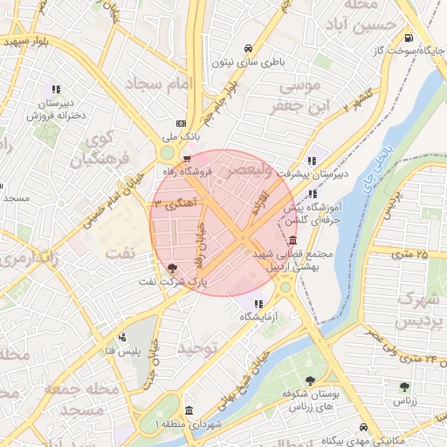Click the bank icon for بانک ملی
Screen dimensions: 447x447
[181, 124]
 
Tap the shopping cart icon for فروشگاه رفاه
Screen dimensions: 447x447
[186, 159]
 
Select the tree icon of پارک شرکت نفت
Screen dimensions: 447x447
[170, 269]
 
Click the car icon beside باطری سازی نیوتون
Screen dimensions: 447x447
[251, 48]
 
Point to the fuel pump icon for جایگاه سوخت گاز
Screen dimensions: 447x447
[408, 38]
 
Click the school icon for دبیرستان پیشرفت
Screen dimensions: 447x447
[312, 161]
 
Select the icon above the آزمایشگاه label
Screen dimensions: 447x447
[257, 303]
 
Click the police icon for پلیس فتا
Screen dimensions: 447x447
[122, 336]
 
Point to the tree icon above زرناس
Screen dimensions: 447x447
[403, 387]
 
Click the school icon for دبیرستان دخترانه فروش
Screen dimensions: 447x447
[57, 89]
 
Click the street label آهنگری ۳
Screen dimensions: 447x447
[177, 203]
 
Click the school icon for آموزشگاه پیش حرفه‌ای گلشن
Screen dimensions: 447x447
[313, 193]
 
